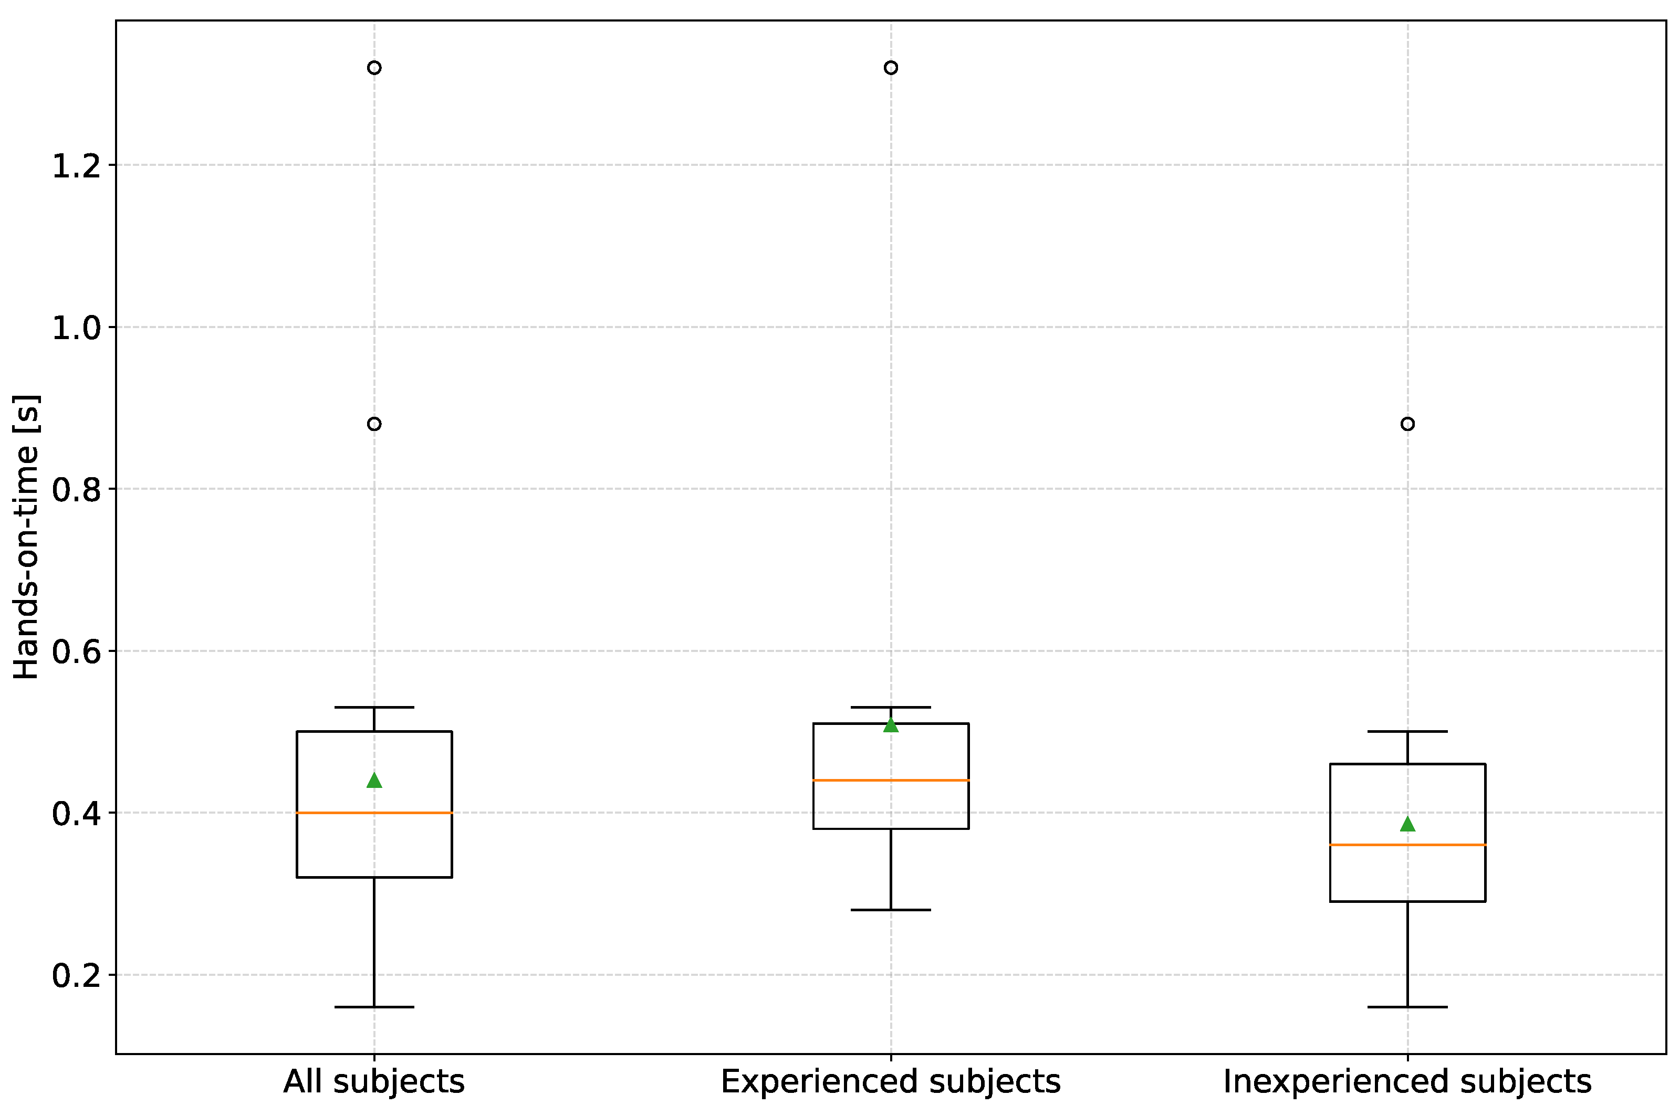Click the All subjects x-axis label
374,1082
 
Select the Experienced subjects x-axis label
891,1082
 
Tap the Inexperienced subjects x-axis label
1407,1082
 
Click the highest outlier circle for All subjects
374,68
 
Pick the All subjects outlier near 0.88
374,424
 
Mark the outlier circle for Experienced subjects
891,68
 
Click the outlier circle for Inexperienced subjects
1407,424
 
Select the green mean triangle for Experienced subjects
891,725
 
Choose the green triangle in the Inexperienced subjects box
1407,825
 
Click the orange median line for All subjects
374,813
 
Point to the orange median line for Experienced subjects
891,780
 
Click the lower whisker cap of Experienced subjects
891,910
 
